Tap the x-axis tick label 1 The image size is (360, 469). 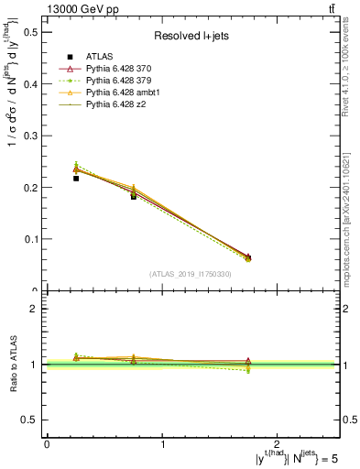click(x=163, y=444)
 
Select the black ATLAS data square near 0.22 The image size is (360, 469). click(x=76, y=179)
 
